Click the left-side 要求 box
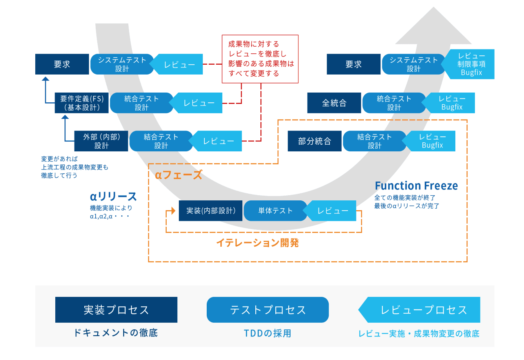coord(62,64)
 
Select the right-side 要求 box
coord(353,64)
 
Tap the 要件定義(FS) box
coord(82,103)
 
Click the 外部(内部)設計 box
coord(101,141)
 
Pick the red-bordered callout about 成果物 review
coord(260,59)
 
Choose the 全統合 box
coord(334,103)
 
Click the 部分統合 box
coord(315,141)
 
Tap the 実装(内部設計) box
coord(211,211)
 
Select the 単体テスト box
coord(275,211)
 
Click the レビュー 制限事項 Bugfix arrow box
coord(471,64)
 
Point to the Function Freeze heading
coord(416,185)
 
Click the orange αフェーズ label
coord(178,175)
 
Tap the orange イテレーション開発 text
coord(257,243)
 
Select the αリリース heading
coord(113,196)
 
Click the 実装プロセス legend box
coord(116,310)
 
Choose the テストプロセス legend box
coord(267,310)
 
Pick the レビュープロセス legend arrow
coord(422,310)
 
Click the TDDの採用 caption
coord(267,333)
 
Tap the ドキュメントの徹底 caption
coord(116,333)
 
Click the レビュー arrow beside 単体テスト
coord(333,211)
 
